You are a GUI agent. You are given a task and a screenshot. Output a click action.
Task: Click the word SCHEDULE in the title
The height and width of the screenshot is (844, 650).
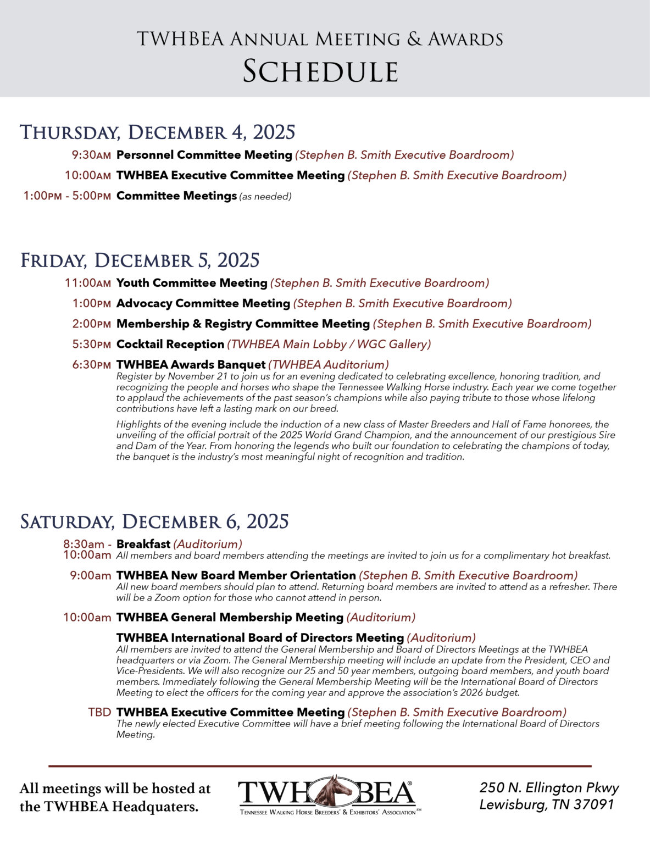[320, 71]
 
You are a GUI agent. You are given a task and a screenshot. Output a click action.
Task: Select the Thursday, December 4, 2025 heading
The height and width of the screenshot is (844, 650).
[158, 132]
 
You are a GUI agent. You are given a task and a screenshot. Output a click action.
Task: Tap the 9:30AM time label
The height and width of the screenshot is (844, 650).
[91, 156]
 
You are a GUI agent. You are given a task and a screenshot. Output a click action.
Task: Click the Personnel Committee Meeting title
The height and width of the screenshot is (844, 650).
[204, 155]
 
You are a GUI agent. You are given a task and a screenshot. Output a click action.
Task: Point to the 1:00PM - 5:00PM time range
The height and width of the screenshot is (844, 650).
[67, 196]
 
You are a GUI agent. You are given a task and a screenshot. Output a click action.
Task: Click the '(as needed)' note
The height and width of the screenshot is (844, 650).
[265, 197]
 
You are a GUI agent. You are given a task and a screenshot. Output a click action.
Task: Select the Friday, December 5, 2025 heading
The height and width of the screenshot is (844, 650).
[140, 260]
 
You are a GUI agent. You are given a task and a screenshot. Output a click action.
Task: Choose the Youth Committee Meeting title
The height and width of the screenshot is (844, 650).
[191, 283]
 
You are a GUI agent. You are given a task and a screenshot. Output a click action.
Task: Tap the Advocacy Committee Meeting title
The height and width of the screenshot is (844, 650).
[203, 303]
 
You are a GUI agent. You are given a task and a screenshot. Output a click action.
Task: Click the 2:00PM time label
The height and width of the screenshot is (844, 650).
[91, 324]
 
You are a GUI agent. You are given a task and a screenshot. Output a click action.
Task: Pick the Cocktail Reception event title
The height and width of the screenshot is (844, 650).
[170, 345]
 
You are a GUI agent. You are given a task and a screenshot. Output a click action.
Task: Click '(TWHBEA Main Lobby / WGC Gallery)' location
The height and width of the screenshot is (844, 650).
[329, 345]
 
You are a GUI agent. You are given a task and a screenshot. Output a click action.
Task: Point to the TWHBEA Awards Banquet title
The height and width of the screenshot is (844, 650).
[191, 364]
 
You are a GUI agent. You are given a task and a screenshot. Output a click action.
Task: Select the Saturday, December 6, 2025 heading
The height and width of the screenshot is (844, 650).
[154, 521]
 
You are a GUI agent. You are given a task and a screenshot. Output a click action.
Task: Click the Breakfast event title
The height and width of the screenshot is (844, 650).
[143, 544]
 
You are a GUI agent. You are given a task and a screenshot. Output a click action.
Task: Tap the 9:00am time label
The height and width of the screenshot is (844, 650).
[91, 576]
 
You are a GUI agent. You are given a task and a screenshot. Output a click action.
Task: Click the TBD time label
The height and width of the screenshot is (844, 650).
[99, 712]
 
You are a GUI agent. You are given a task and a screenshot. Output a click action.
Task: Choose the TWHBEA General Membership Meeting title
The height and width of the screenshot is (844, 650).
[230, 618]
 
